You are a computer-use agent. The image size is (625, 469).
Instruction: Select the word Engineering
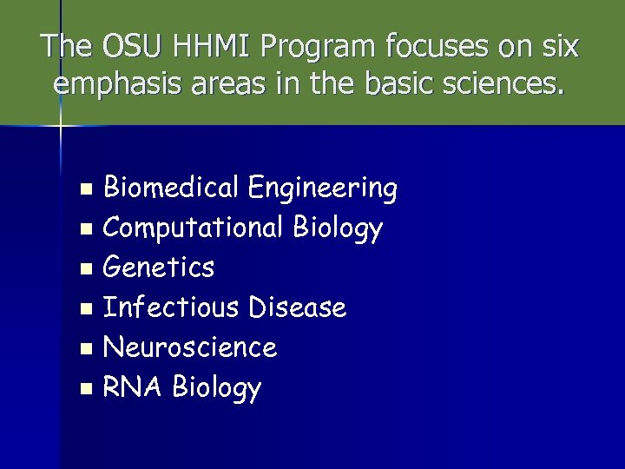[x=322, y=188]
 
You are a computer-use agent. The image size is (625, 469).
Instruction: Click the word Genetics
[x=158, y=268]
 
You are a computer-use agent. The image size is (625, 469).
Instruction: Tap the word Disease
[x=297, y=307]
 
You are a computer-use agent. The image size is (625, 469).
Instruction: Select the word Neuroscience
[x=189, y=347]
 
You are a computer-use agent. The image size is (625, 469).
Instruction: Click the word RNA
[x=134, y=387]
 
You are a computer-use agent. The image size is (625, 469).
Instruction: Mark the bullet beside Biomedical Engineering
[x=85, y=188]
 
